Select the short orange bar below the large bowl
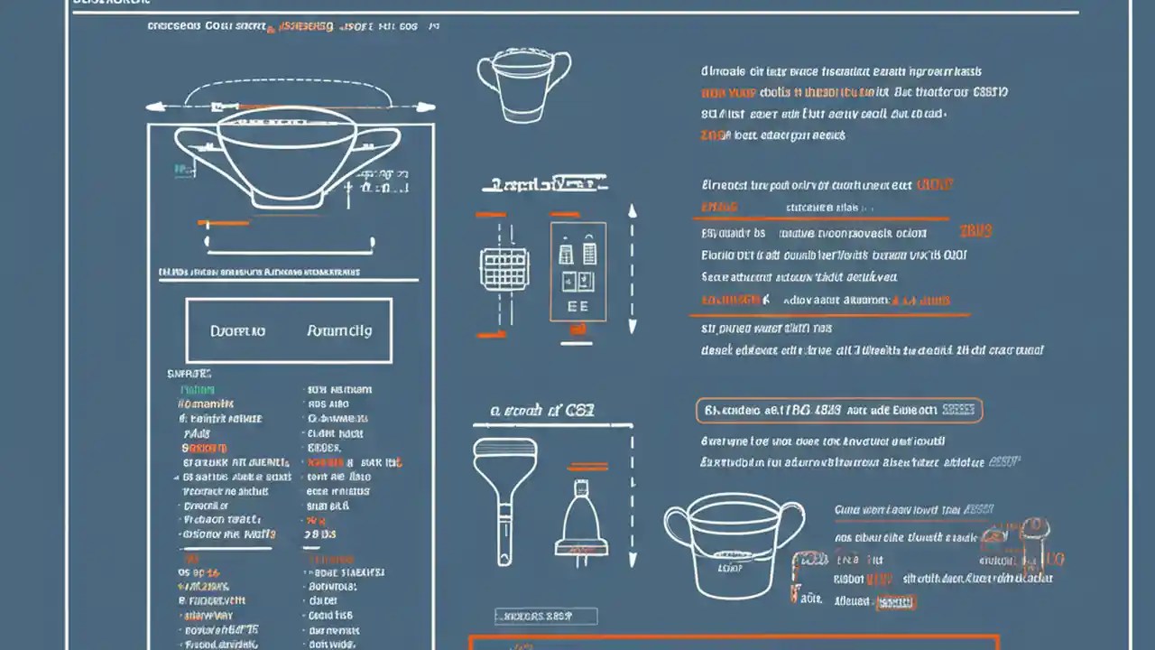(x=223, y=222)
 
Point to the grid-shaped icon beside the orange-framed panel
(x=504, y=268)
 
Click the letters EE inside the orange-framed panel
(x=577, y=306)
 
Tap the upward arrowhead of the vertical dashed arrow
(x=633, y=211)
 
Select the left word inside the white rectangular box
(x=238, y=331)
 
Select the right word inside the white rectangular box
(x=338, y=331)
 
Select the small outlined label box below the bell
(x=546, y=617)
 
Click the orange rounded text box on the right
(x=839, y=411)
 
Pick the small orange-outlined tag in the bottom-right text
(x=895, y=602)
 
